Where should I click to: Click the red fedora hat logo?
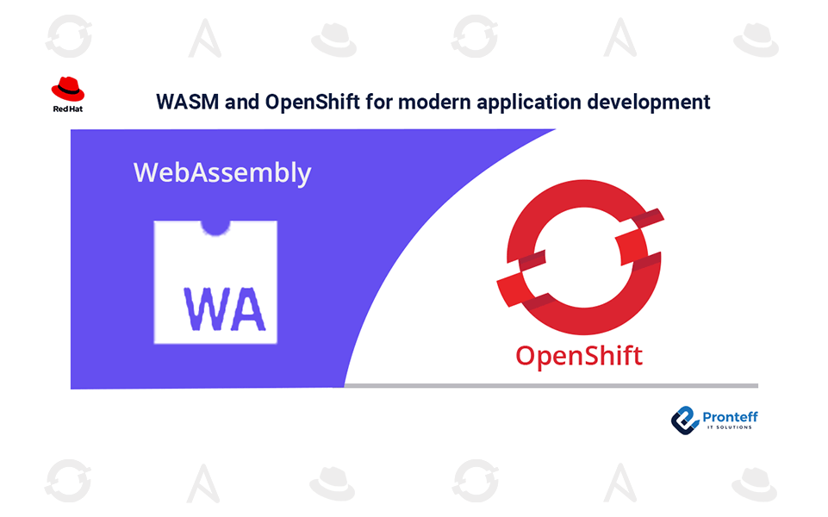click(x=68, y=89)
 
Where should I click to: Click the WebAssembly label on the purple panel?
click(x=222, y=172)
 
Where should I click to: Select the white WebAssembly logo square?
click(x=215, y=280)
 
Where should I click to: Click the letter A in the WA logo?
click(x=246, y=308)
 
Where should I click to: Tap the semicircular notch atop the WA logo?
click(x=216, y=227)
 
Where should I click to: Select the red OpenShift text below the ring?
click(x=579, y=354)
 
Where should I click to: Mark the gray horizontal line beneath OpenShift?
click(x=551, y=385)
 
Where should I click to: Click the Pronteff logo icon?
click(x=686, y=419)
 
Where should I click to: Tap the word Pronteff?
click(x=730, y=416)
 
